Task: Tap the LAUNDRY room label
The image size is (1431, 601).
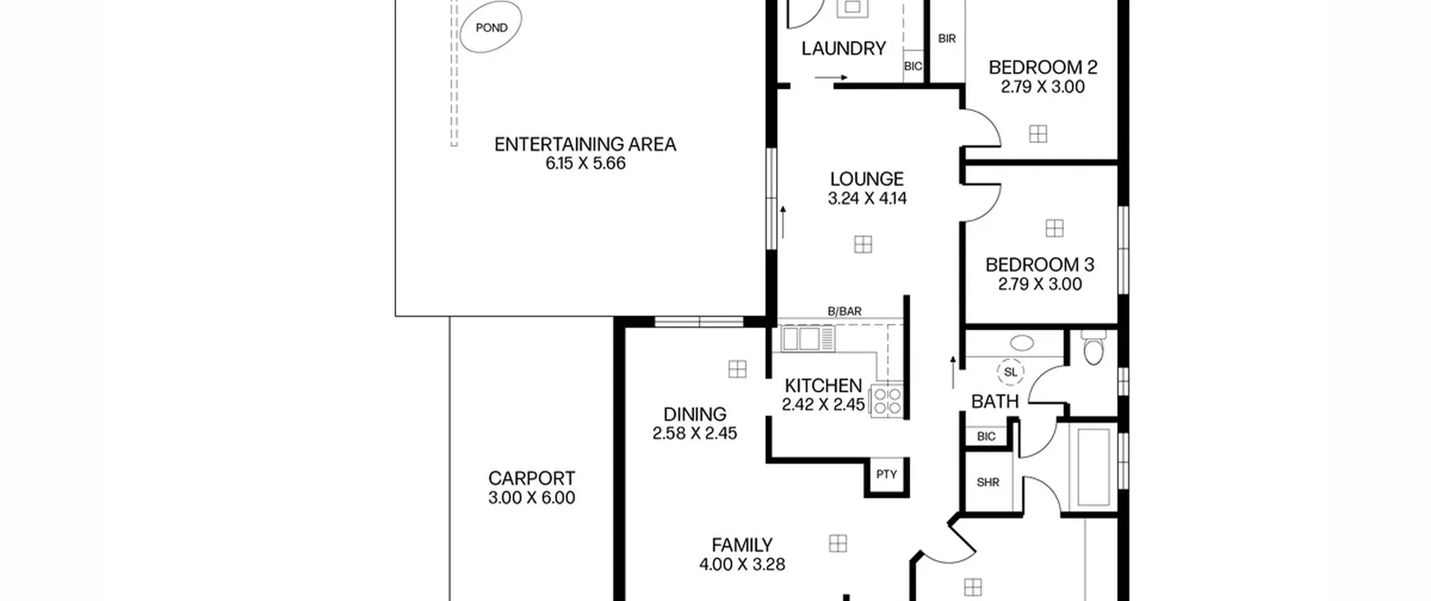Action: coord(844,49)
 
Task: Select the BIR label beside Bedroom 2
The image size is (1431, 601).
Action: coord(947,39)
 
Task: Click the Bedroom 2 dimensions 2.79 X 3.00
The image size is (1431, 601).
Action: coord(1043,87)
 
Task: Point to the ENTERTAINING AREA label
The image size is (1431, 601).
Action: coord(585,144)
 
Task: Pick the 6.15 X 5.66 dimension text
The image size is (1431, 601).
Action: coord(585,163)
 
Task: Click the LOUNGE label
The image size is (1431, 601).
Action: coord(866,179)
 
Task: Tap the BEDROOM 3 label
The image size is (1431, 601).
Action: coord(1040,264)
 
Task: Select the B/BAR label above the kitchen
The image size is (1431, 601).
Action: coord(845,311)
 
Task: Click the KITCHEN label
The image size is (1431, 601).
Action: coord(823,386)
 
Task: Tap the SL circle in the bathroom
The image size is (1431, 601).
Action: coord(1011,372)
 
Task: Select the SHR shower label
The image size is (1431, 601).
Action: coord(988,482)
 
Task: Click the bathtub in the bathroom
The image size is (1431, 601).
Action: coord(1093,467)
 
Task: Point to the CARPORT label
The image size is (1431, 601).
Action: coord(531,479)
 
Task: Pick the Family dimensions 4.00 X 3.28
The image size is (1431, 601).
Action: coord(742,564)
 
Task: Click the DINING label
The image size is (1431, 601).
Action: coord(695,414)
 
